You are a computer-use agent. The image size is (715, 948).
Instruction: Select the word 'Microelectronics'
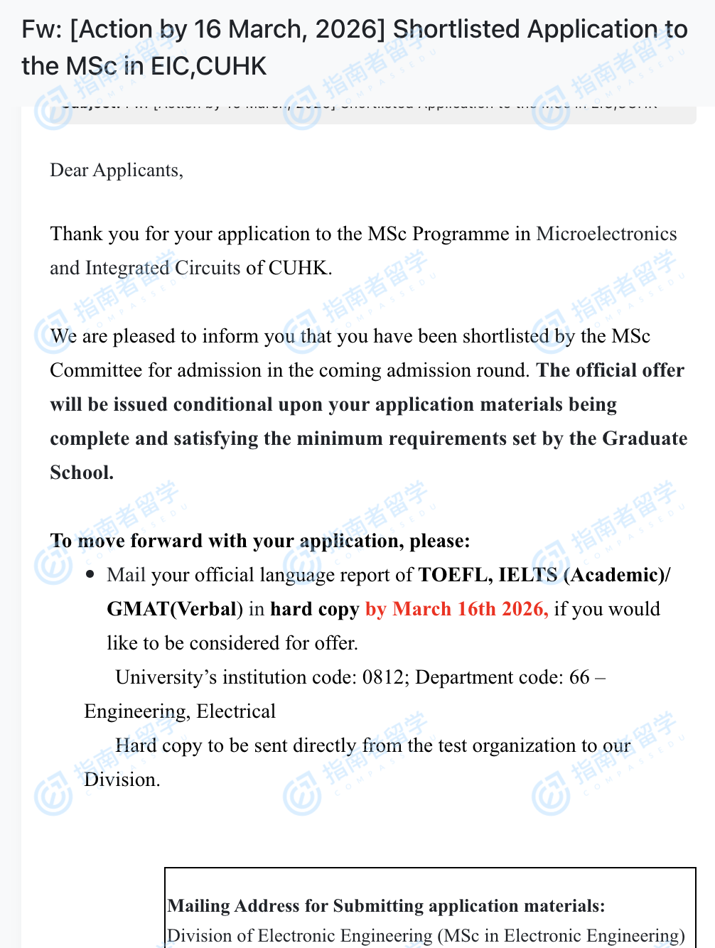coord(606,234)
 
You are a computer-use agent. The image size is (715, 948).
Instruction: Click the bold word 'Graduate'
coord(645,438)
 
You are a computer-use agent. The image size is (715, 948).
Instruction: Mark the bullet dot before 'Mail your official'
coord(90,574)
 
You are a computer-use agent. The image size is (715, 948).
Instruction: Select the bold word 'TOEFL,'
coord(455,575)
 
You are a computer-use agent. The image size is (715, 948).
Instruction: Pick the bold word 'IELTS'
coord(528,575)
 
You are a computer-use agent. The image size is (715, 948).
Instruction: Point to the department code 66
coord(579,677)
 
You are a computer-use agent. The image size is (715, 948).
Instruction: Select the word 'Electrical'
coord(236,711)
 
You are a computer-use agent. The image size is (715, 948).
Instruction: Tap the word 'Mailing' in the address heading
coord(198,906)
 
